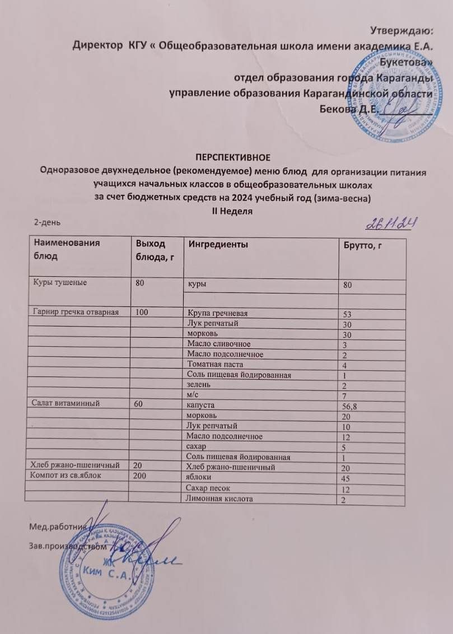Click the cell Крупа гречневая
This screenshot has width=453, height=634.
[x=218, y=313]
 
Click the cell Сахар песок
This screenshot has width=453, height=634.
[x=210, y=488]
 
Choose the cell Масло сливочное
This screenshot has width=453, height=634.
[x=219, y=343]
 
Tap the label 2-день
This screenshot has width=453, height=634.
[x=47, y=222]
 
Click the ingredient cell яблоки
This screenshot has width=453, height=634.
[x=199, y=477]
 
